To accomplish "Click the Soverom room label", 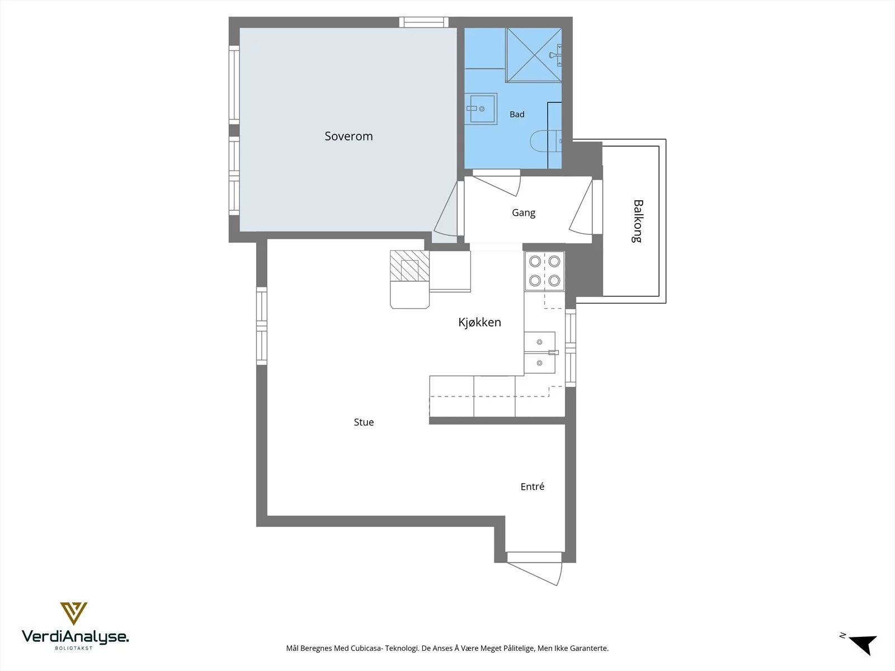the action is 348,136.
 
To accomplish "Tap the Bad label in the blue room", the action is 517,115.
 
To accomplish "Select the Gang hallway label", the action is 524,212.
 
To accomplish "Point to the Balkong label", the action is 638,221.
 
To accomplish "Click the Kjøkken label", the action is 479,322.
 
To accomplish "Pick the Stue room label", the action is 364,422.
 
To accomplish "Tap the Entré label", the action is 533,486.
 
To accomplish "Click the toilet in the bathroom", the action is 545,141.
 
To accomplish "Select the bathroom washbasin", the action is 481,109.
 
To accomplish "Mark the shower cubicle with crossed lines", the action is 534,55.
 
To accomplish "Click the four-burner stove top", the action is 544,271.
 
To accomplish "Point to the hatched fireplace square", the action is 409,266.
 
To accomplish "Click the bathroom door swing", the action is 497,183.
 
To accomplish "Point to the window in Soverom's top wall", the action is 423,22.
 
